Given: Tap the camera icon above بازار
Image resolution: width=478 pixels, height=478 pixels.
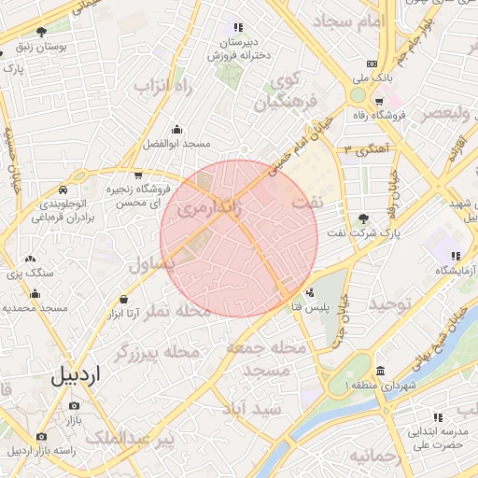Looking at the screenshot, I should (74, 406).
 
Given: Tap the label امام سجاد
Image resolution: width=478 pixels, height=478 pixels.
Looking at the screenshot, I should (344, 20).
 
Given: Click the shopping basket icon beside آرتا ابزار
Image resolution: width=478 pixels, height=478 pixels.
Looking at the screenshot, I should (124, 299).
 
